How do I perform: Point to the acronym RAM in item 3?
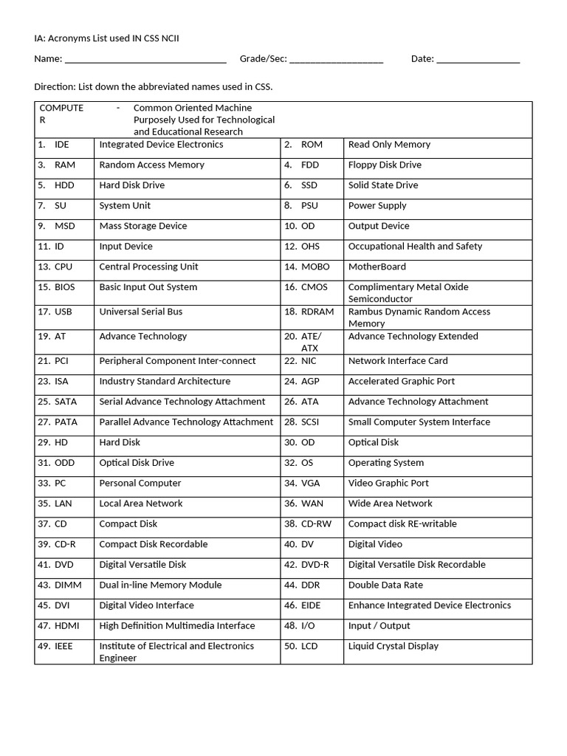[64, 165]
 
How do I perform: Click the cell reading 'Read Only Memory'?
[389, 145]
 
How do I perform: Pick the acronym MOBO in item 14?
[315, 267]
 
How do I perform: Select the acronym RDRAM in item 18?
[317, 312]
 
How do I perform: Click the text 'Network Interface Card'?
[397, 361]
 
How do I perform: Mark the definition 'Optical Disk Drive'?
[137, 463]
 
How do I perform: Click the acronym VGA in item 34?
[311, 484]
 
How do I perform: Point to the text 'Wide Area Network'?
[390, 504]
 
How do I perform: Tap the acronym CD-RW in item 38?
[316, 524]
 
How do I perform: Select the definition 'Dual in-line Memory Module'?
[160, 585]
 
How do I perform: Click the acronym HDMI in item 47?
[66, 626]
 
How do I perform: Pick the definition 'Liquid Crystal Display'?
[393, 646]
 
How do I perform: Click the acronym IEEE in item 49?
[65, 646]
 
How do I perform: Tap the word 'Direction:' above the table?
[55, 87]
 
